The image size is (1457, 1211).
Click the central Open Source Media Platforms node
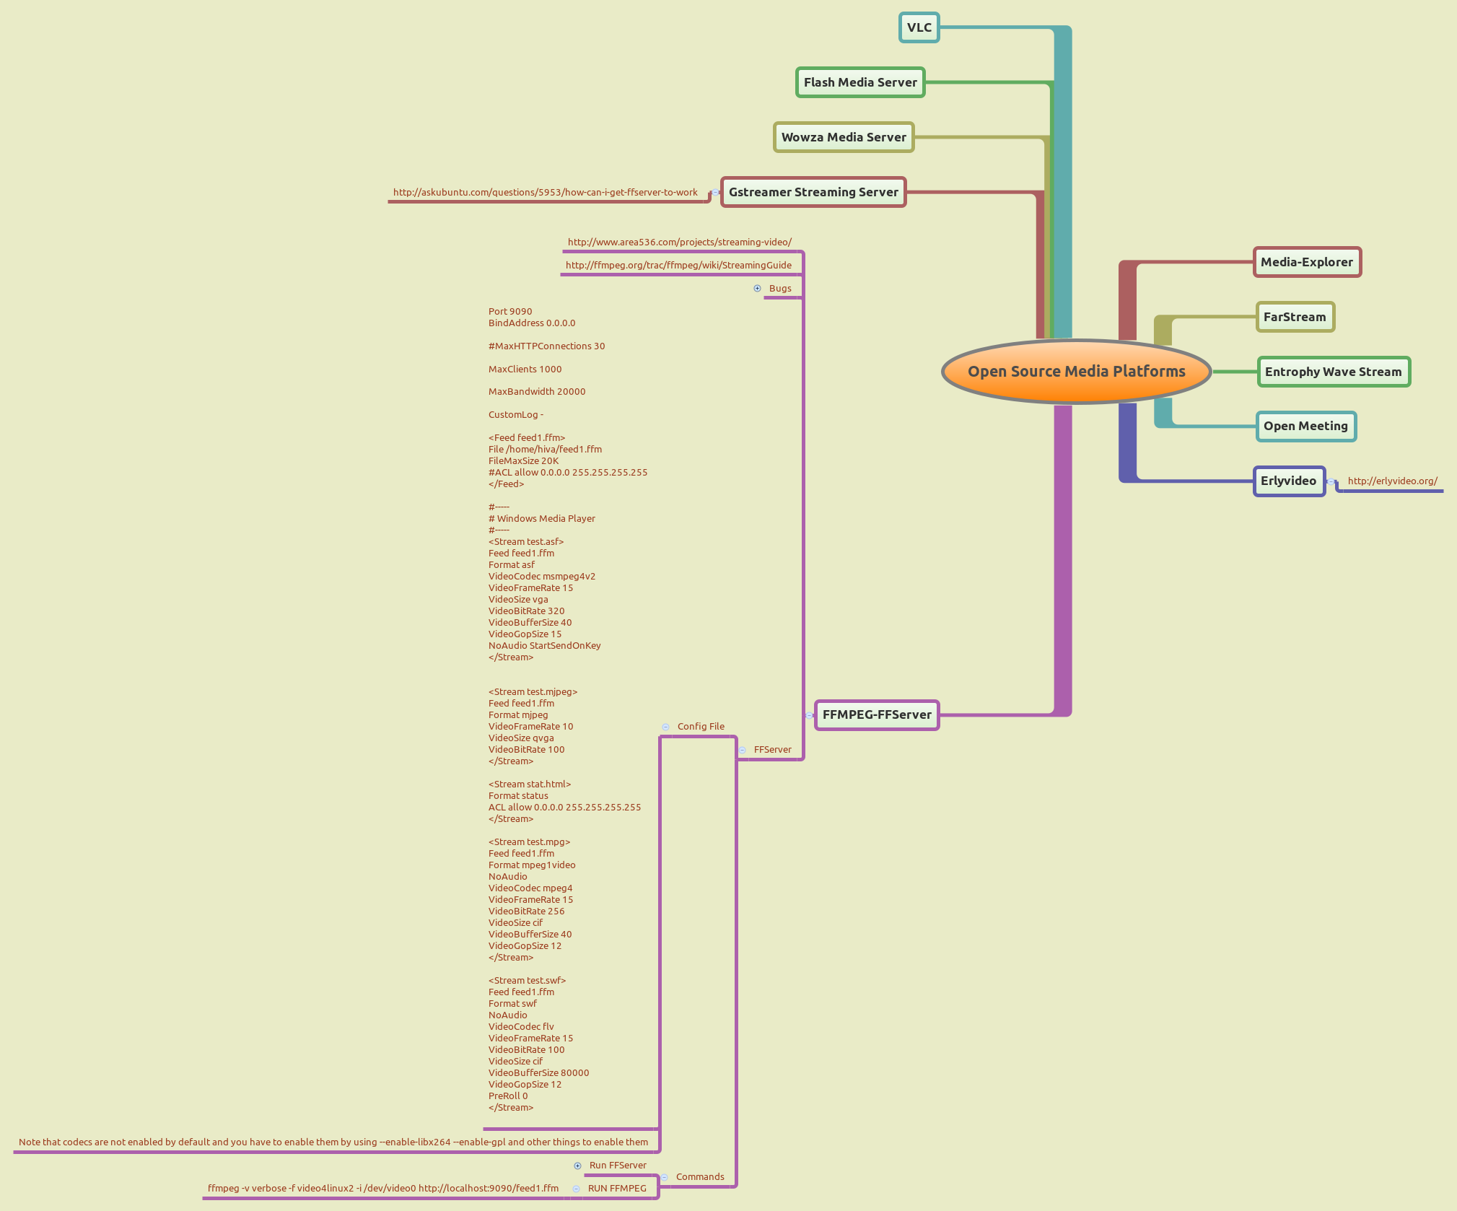click(1076, 372)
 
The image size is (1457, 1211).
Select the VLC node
click(919, 28)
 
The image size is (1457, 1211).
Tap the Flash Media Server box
click(860, 83)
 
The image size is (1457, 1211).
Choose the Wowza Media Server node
click(844, 138)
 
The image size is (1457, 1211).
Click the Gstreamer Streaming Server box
click(813, 193)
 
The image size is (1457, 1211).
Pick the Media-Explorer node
click(1307, 263)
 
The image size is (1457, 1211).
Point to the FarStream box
click(1295, 318)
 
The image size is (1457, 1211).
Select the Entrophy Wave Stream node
click(1333, 372)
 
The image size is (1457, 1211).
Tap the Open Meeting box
click(1305, 427)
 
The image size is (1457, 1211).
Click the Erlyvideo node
click(1288, 481)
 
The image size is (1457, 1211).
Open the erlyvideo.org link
click(1392, 481)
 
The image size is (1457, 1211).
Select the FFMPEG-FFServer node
click(877, 715)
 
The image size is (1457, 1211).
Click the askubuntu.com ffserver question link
click(545, 193)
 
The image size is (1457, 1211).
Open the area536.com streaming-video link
click(679, 242)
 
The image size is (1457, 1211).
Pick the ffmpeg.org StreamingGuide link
click(678, 266)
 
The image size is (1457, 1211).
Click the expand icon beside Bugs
click(757, 289)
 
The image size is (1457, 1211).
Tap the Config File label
click(701, 727)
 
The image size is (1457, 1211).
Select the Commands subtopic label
click(700, 1177)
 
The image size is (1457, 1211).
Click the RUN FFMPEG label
click(617, 1189)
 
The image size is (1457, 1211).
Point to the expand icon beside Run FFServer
click(577, 1166)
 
